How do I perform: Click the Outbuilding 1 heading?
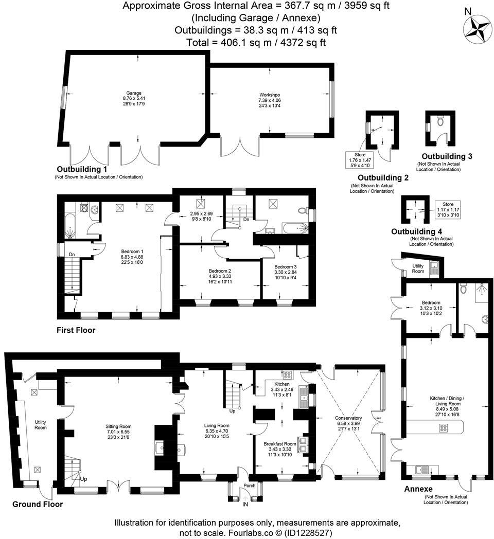82,169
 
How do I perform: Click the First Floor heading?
76,330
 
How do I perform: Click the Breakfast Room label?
280,443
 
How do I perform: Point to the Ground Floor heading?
38,504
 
